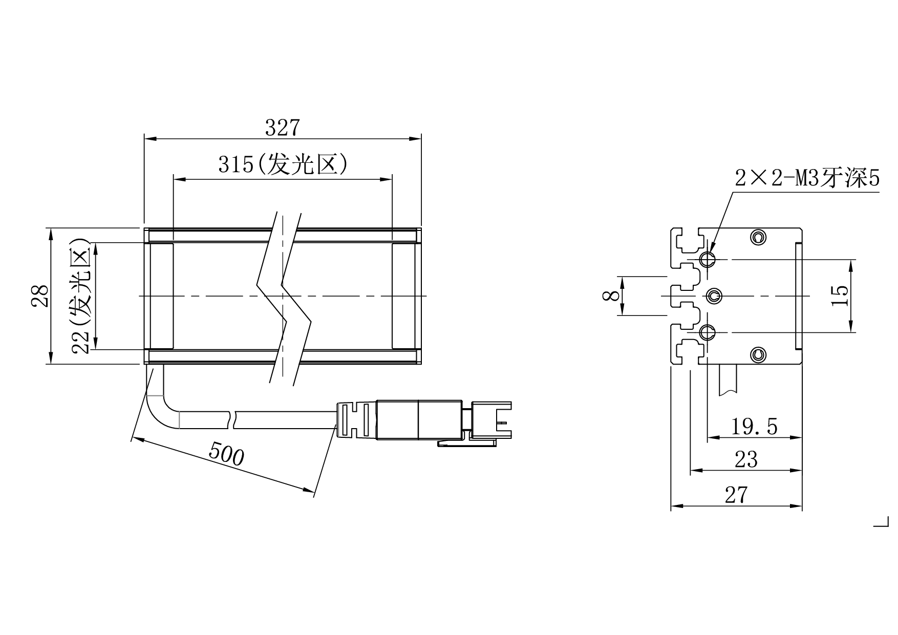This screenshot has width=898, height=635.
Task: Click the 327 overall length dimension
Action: (x=282, y=128)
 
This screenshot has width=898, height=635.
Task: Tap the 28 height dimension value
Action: (x=40, y=296)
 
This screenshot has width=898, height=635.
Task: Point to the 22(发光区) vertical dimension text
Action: (x=82, y=296)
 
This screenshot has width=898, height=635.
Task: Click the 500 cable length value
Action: (x=226, y=454)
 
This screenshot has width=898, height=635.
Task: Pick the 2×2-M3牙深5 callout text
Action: (x=807, y=179)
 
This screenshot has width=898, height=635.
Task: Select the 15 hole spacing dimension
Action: (x=840, y=296)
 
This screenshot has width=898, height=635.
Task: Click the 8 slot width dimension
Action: (x=609, y=296)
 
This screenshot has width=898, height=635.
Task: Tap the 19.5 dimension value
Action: (x=754, y=427)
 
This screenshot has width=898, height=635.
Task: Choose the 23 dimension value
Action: (x=746, y=460)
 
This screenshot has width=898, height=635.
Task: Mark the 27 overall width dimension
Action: (x=736, y=495)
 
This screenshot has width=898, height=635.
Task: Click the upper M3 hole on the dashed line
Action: (x=708, y=259)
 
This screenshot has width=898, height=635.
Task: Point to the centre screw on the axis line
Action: (x=713, y=296)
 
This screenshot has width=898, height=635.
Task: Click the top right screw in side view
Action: (x=758, y=237)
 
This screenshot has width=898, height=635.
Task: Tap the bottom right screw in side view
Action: (x=758, y=354)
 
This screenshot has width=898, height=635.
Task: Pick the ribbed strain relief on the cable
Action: (x=356, y=420)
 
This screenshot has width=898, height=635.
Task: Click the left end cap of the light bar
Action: (x=161, y=296)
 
